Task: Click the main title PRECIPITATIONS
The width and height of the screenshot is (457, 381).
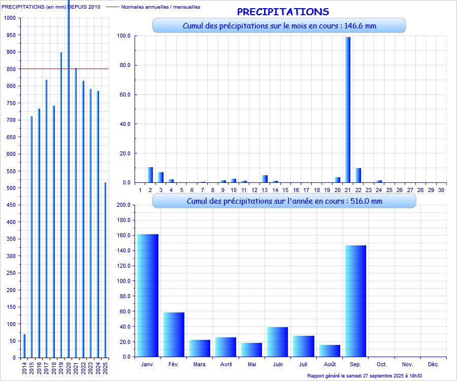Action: click(x=283, y=12)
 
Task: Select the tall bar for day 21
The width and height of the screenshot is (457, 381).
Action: click(x=348, y=109)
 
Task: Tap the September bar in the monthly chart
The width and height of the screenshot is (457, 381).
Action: click(x=355, y=301)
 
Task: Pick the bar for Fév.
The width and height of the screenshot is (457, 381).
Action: click(x=174, y=334)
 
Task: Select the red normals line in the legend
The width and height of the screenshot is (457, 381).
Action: click(x=113, y=7)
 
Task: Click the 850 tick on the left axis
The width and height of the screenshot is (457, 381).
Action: click(x=10, y=69)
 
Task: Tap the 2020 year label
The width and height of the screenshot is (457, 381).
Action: click(x=69, y=367)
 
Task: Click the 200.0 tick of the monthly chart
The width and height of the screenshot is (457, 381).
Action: click(x=124, y=205)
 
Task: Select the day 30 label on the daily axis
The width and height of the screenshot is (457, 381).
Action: click(x=441, y=189)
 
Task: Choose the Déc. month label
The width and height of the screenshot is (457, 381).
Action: click(x=433, y=364)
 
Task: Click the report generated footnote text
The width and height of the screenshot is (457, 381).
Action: click(x=365, y=376)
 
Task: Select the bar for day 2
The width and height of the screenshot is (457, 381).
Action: click(x=150, y=175)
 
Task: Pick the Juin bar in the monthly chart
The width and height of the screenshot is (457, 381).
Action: click(x=277, y=341)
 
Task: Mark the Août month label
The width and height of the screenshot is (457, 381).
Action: click(x=329, y=364)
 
